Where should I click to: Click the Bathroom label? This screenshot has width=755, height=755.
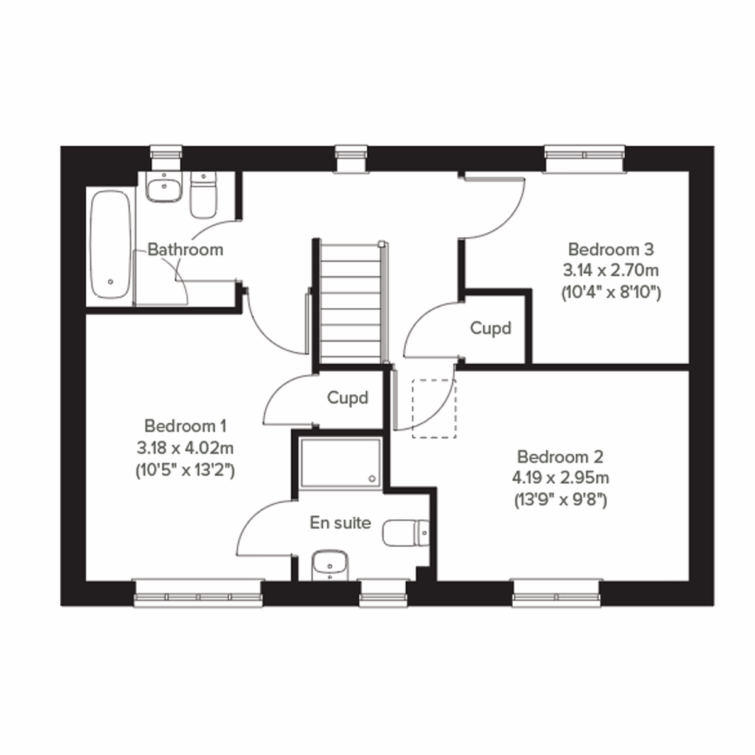pos(185,250)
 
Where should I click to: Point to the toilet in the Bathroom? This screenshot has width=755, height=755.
pos(203,195)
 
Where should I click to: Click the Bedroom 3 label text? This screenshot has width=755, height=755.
pos(611,249)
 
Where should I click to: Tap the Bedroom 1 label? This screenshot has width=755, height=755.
pos(185,426)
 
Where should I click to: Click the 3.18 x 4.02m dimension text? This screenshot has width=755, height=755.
pos(185,448)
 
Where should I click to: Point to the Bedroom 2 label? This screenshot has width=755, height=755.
pos(560,456)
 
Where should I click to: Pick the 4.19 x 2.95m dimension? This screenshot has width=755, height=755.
pos(560,478)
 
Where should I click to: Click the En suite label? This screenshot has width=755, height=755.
pos(340,523)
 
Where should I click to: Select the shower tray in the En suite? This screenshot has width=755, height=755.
pos(340,462)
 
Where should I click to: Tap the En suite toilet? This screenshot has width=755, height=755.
pos(406,533)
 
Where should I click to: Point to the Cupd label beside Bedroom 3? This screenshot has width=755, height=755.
pos(491,328)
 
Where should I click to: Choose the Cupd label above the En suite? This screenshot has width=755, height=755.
pos(347,398)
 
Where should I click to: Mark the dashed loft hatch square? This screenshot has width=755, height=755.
pos(434,408)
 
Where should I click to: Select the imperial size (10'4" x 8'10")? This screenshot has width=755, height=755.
pos(611,293)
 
